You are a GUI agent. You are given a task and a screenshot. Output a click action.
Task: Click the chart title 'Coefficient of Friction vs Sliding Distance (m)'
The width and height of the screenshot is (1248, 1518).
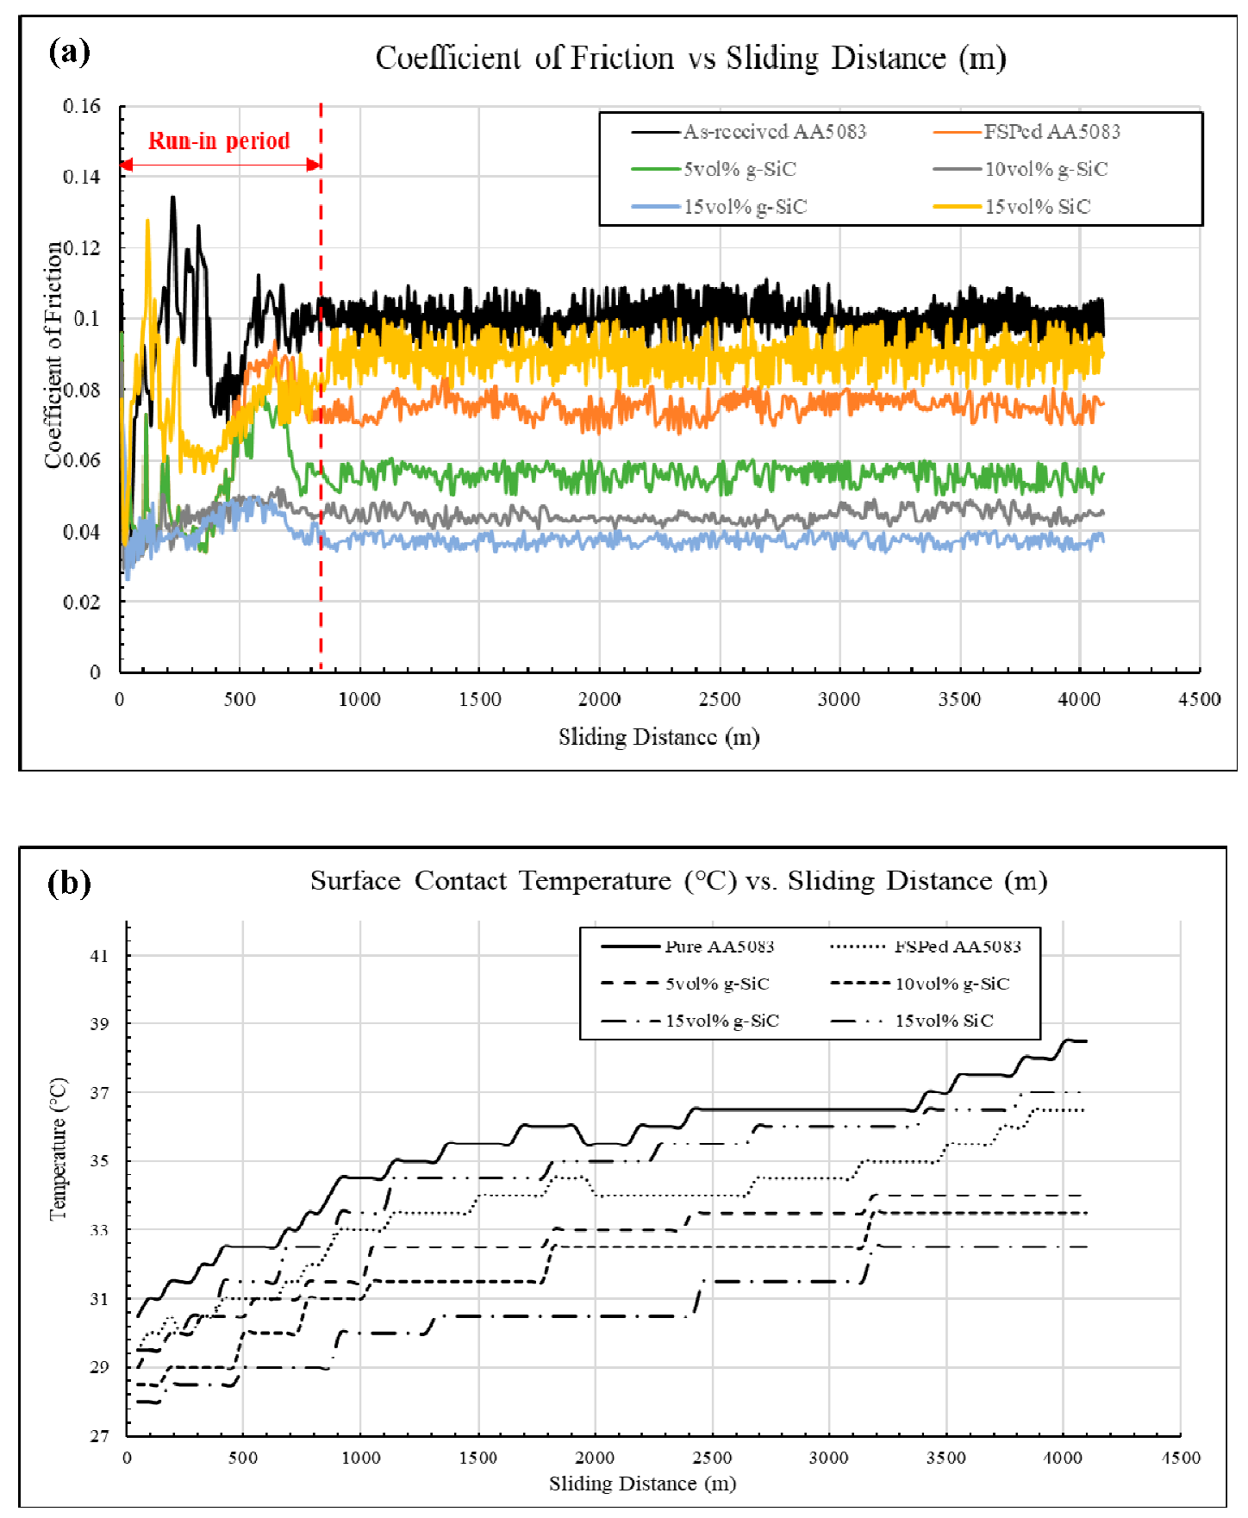click(690, 59)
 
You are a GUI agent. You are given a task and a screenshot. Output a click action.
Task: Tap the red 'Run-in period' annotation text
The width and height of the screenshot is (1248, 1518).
click(219, 141)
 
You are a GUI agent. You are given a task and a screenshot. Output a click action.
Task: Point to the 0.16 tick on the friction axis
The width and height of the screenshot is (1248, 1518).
click(82, 106)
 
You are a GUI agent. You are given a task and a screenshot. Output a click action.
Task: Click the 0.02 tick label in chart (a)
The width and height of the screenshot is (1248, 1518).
click(82, 602)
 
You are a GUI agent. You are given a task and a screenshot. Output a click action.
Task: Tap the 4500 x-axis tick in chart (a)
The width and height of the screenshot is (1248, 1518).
click(1199, 699)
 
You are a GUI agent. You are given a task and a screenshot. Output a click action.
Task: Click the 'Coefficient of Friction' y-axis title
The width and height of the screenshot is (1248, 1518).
click(53, 354)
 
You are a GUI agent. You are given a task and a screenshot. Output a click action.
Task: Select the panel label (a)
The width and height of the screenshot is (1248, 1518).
click(69, 53)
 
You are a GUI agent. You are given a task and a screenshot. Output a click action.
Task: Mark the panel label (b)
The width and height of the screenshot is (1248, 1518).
click(69, 883)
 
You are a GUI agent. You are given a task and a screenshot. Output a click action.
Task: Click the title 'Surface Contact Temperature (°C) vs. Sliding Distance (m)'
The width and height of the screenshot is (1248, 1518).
click(678, 881)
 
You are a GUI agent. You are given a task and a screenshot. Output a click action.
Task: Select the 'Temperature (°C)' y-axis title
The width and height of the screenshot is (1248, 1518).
click(58, 1149)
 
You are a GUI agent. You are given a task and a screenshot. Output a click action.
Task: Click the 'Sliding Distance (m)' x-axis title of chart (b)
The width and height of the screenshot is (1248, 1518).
click(642, 1484)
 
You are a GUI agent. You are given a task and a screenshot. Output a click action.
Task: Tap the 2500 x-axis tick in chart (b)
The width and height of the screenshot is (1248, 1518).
click(712, 1458)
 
